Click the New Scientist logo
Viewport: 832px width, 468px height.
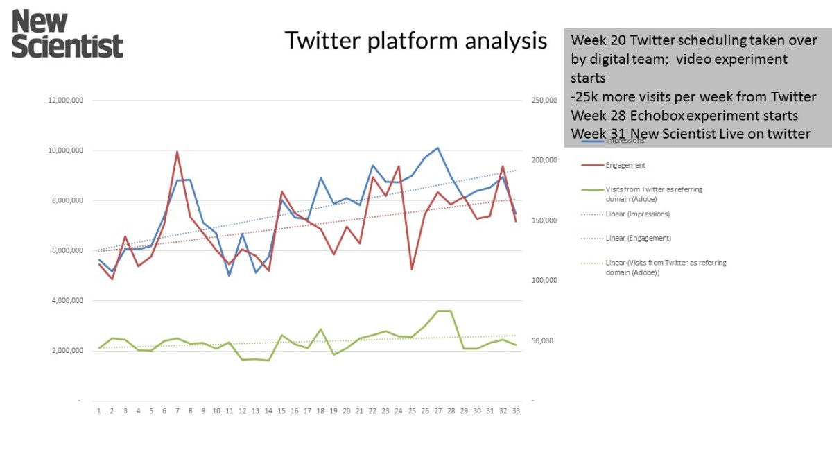click(x=67, y=33)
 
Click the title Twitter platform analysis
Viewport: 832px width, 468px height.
click(x=416, y=41)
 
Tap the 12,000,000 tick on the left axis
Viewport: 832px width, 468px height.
click(x=65, y=101)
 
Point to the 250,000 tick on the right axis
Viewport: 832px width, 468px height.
click(x=544, y=101)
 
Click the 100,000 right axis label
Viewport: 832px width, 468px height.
click(x=544, y=281)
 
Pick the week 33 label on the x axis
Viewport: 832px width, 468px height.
click(x=516, y=410)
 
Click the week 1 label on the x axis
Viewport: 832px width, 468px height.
click(x=99, y=410)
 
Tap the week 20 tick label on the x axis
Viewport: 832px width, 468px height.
click(x=347, y=410)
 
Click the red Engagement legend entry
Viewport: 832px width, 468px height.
click(x=625, y=165)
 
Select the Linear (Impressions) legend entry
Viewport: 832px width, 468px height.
click(x=637, y=214)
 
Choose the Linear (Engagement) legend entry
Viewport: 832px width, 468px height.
click(x=637, y=238)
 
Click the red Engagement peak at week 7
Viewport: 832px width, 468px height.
click(x=177, y=152)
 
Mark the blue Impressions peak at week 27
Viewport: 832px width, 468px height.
click(x=437, y=148)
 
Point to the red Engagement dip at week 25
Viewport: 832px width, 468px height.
click(x=412, y=269)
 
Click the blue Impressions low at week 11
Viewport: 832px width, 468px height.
click(x=229, y=276)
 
